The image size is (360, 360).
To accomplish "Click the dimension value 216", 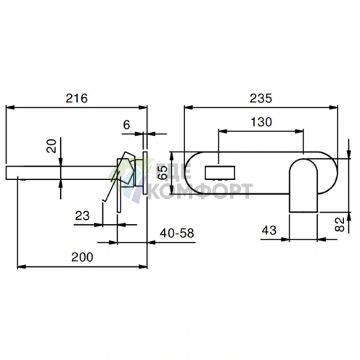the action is click(76, 99).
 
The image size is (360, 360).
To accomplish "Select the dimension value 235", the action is click(261, 99).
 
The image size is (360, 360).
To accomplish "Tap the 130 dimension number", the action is click(261, 122).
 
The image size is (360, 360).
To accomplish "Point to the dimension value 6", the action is click(126, 125).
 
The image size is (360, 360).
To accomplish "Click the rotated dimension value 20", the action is click(52, 146).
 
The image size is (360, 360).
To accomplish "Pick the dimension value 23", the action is click(82, 216).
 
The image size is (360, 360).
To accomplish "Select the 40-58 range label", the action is click(177, 233).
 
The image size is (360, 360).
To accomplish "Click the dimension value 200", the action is click(82, 257).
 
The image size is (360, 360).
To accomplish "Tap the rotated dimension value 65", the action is click(163, 173).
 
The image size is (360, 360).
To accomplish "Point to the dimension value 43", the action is click(269, 230).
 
